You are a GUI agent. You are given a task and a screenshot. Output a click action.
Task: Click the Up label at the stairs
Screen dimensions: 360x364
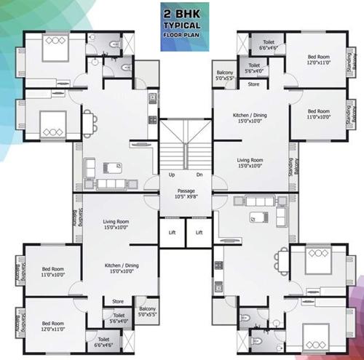point(171,175)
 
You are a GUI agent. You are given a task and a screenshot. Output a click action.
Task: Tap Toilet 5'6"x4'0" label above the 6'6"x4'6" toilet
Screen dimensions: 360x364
point(118,317)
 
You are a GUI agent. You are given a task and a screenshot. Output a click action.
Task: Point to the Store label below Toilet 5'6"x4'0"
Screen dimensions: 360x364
point(254,85)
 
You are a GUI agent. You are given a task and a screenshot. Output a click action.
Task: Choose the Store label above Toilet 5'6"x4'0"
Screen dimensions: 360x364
point(117,300)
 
